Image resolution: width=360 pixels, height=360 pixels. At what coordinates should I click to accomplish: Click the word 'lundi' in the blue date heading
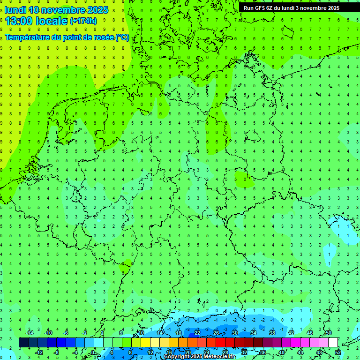pos(15,10)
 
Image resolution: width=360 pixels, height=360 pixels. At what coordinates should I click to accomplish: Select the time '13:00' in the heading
pos(20,21)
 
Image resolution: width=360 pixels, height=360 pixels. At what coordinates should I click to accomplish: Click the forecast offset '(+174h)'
pos(83,21)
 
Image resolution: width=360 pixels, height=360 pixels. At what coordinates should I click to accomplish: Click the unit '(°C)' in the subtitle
pos(122,37)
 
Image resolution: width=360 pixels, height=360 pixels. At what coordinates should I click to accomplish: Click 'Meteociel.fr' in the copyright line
pos(216,357)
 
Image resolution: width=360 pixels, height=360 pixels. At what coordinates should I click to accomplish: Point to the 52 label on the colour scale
pos(338,352)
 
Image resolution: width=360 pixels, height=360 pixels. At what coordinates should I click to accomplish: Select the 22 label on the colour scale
pos(197,333)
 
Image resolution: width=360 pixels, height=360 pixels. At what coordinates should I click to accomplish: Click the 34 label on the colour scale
pos(254,333)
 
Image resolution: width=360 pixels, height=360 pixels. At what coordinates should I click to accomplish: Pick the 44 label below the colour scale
pos(300,352)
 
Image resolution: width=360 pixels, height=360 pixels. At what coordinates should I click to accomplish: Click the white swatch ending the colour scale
pos(333,343)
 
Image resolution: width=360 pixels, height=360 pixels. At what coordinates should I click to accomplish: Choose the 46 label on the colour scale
pos(310,333)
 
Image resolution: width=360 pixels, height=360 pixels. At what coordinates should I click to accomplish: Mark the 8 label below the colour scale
pos(130,352)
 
